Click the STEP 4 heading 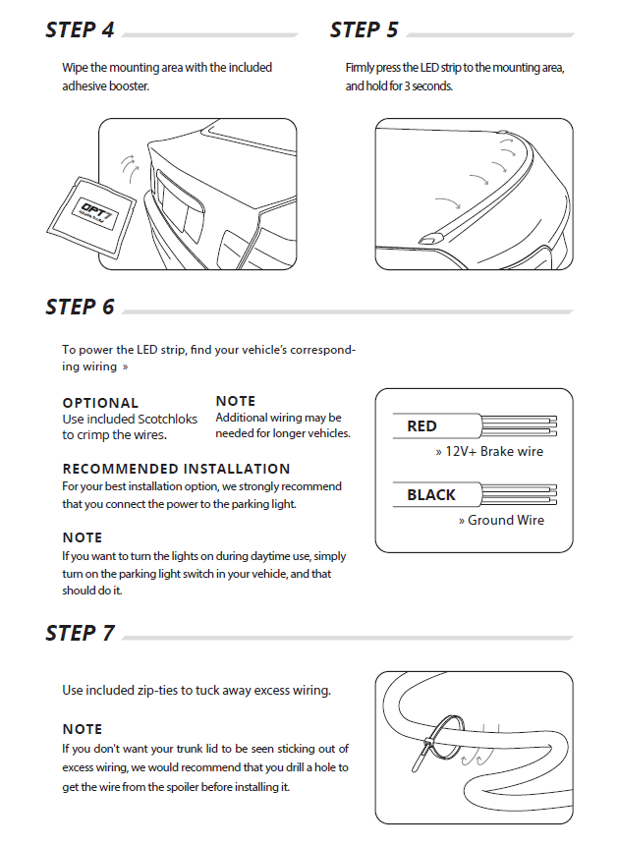80,30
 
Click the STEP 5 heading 365,30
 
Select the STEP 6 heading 80,308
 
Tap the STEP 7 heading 80,634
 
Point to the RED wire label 422,426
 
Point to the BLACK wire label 431,494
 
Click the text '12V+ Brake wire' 493,452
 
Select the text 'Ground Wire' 505,520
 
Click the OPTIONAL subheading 100,403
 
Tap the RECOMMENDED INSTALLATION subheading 176,469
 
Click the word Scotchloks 162,420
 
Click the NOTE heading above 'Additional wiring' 236,401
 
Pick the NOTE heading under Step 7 82,729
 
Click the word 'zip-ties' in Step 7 174,691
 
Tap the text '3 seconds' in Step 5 423,85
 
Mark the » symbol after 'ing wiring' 126,367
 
